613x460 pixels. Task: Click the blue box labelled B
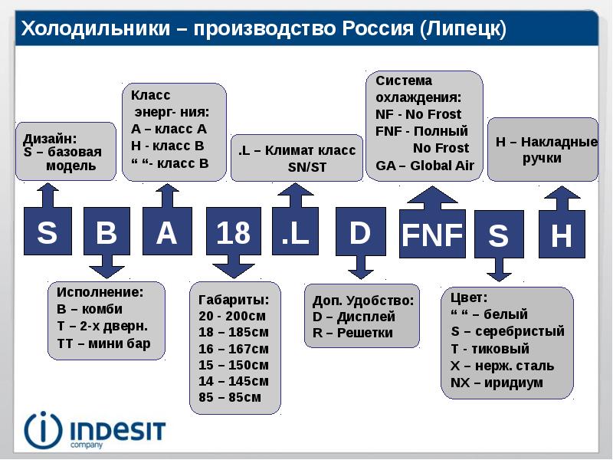106,232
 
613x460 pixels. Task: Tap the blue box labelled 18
233,232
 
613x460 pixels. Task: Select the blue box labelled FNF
432,235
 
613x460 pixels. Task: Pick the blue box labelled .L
297,233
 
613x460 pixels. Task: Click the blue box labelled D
360,232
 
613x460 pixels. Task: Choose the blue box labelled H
562,235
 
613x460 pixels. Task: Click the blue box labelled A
167,232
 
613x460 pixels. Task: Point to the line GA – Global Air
425,165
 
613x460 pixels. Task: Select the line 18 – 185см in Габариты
233,332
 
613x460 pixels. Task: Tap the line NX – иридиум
497,382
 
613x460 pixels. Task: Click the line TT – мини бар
103,343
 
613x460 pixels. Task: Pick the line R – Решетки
352,333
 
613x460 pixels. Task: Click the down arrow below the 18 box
233,268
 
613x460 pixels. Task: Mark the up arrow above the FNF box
432,196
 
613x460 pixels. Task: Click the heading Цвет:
469,297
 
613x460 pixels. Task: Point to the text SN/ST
306,167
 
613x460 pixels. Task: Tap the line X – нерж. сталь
502,365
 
